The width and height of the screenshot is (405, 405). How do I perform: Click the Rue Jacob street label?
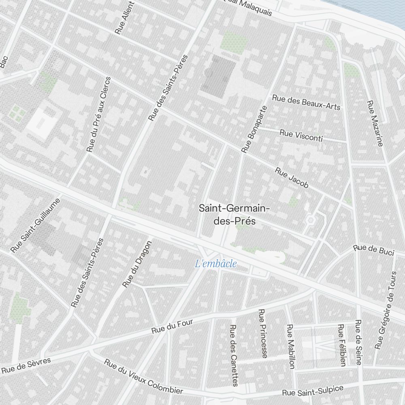tap(292, 178)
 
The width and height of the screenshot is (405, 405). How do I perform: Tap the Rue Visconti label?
tap(301, 135)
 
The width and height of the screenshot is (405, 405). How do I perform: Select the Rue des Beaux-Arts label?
tap(306, 102)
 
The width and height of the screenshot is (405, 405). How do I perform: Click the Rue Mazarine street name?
tap(375, 123)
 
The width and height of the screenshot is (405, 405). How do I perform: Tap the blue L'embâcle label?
tap(216, 264)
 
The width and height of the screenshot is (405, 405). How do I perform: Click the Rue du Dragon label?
tap(137, 264)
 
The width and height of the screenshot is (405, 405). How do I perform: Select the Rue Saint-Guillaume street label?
tap(36, 225)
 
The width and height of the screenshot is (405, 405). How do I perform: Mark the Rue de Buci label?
tap(373, 250)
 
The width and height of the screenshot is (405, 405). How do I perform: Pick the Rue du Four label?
tap(172, 327)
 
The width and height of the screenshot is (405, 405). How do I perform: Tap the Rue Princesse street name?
tap(263, 333)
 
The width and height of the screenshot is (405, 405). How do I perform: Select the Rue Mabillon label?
tap(290, 346)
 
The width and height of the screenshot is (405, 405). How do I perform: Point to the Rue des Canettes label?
tap(234, 355)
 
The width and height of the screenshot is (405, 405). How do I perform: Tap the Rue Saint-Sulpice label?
tap(313, 391)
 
